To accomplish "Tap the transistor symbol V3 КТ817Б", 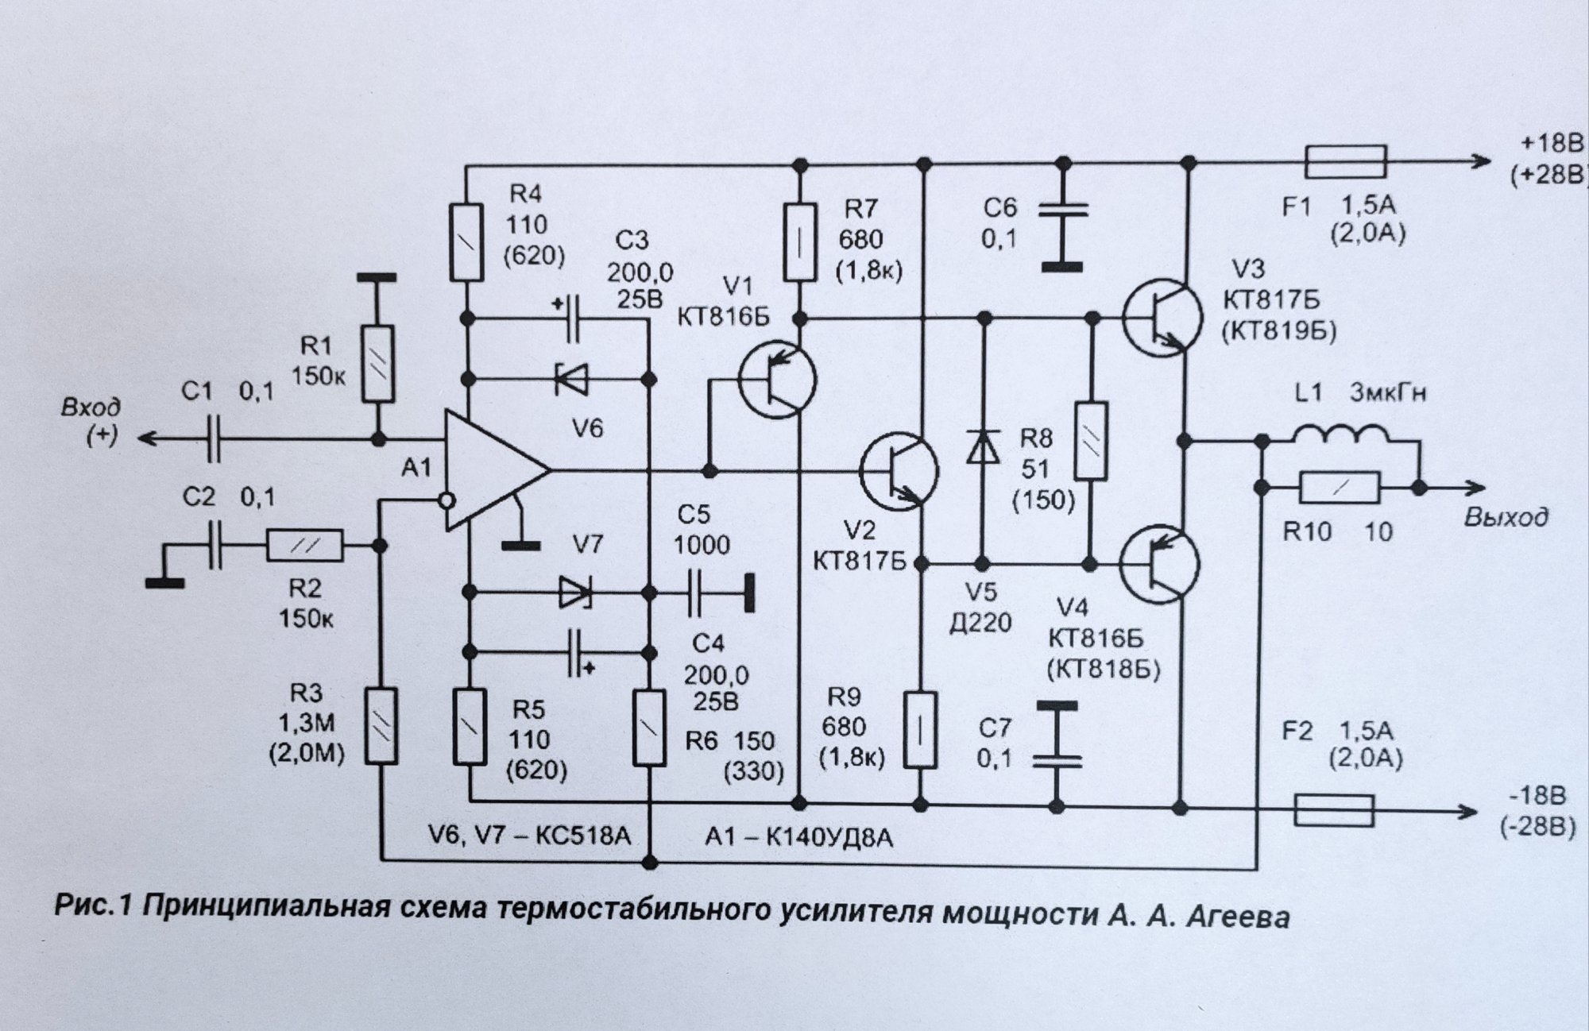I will click(1162, 317).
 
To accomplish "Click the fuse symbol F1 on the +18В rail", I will click(1345, 162).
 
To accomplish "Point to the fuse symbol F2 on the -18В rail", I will click(1334, 811).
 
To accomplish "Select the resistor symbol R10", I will click(1340, 488).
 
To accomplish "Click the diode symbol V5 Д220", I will click(984, 446).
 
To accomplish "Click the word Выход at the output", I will click(1506, 518).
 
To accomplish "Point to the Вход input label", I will click(92, 408).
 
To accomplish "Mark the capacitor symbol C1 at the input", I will click(212, 438).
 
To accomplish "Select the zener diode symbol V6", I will click(571, 379).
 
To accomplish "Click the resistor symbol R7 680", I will click(800, 242).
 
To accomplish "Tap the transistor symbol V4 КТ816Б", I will click(1159, 564).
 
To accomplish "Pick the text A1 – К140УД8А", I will click(798, 836).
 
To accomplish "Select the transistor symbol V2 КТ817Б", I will click(900, 472).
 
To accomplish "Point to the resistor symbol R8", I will click(1091, 442).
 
